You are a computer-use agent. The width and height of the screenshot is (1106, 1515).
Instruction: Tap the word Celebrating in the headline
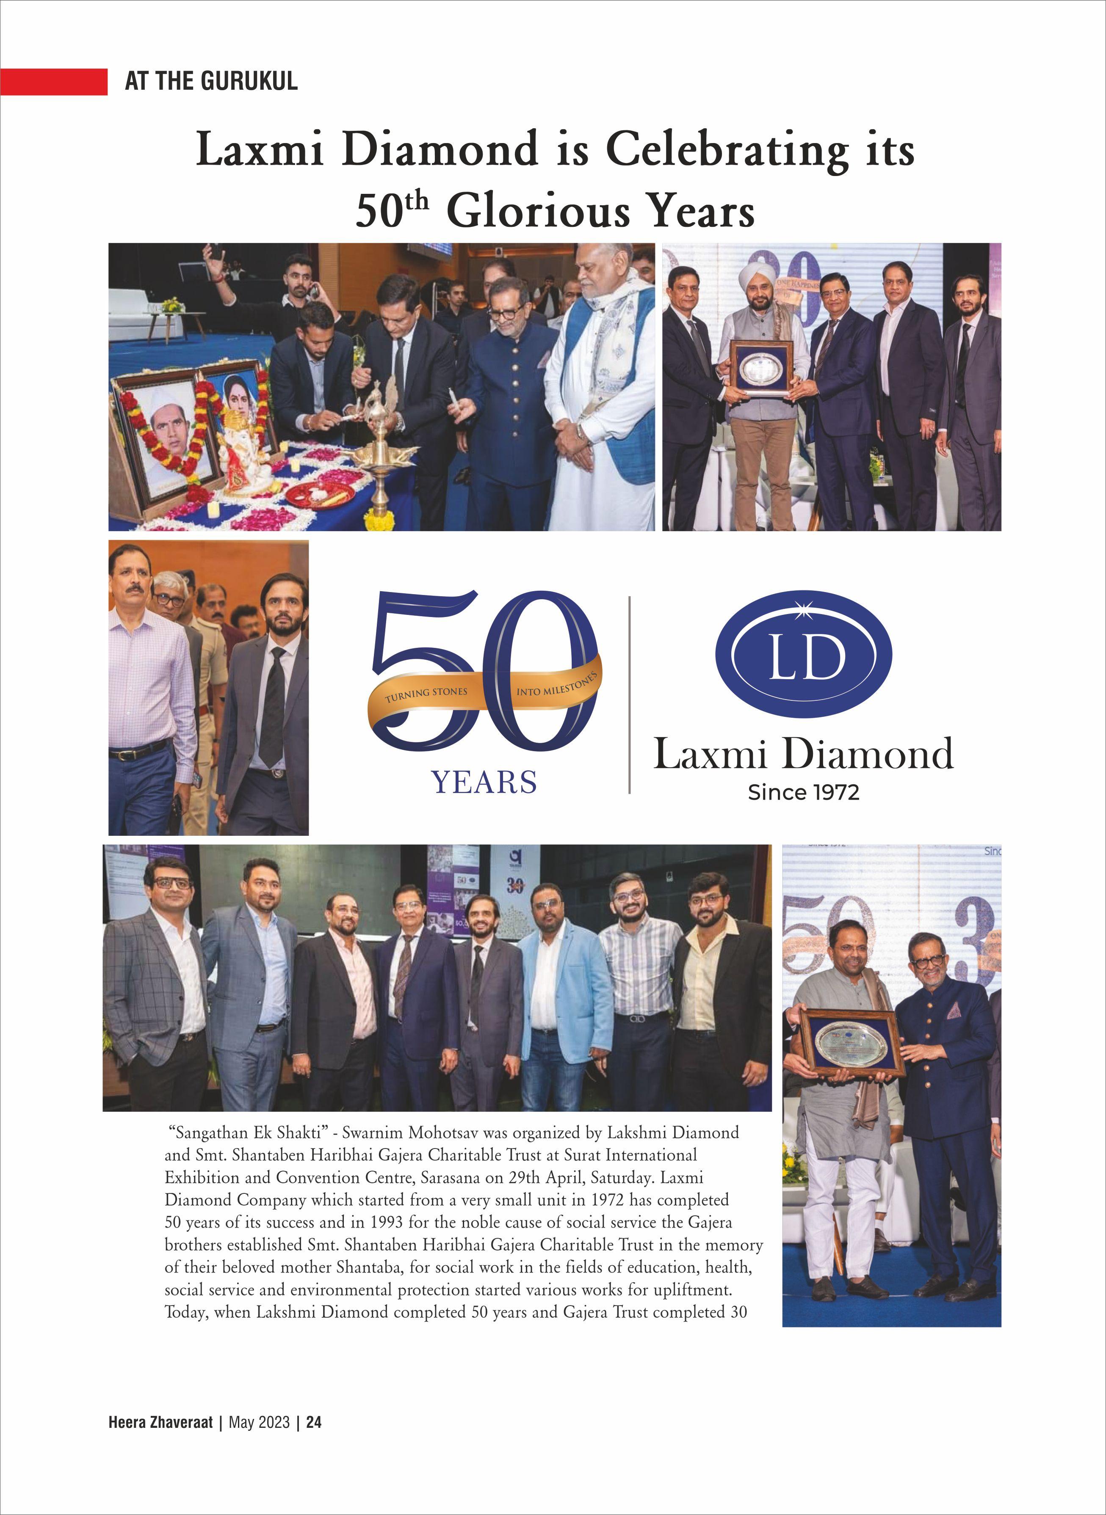point(727,149)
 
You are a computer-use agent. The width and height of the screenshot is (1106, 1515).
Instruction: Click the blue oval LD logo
point(803,654)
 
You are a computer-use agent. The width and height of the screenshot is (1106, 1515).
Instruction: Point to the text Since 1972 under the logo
point(803,792)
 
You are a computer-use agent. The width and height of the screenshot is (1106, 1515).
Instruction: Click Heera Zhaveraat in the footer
point(160,1422)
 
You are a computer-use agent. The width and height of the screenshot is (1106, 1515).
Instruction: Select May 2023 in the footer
point(259,1422)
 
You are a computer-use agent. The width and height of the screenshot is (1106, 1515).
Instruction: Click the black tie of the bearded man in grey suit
point(273,706)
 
